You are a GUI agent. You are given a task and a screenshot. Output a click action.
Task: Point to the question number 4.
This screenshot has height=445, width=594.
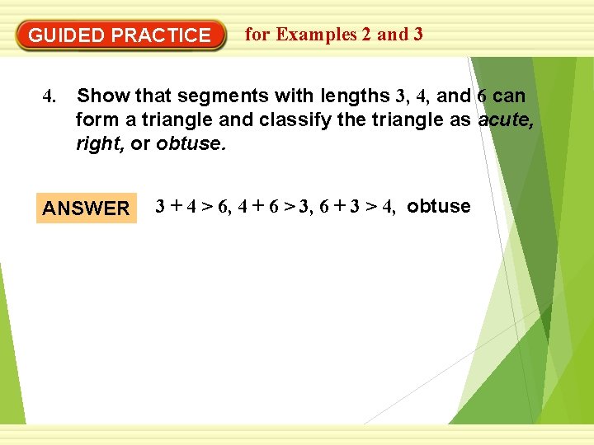pyautogui.click(x=49, y=97)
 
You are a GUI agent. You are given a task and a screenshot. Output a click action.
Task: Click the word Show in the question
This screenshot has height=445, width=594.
pyautogui.click(x=100, y=96)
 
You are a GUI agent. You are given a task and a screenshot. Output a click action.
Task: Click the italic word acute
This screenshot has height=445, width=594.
pyautogui.click(x=506, y=120)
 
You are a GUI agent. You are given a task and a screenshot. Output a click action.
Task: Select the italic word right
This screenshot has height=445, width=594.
pyautogui.click(x=97, y=144)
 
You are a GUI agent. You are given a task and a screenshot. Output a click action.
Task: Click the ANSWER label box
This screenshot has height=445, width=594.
pyautogui.click(x=86, y=208)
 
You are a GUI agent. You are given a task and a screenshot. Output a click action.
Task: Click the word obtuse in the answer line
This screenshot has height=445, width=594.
pyautogui.click(x=439, y=206)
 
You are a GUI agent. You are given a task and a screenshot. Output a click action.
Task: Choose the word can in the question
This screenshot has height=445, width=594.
pyautogui.click(x=508, y=96)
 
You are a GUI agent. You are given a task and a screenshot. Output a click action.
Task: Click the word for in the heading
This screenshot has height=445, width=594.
pyautogui.click(x=257, y=35)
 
